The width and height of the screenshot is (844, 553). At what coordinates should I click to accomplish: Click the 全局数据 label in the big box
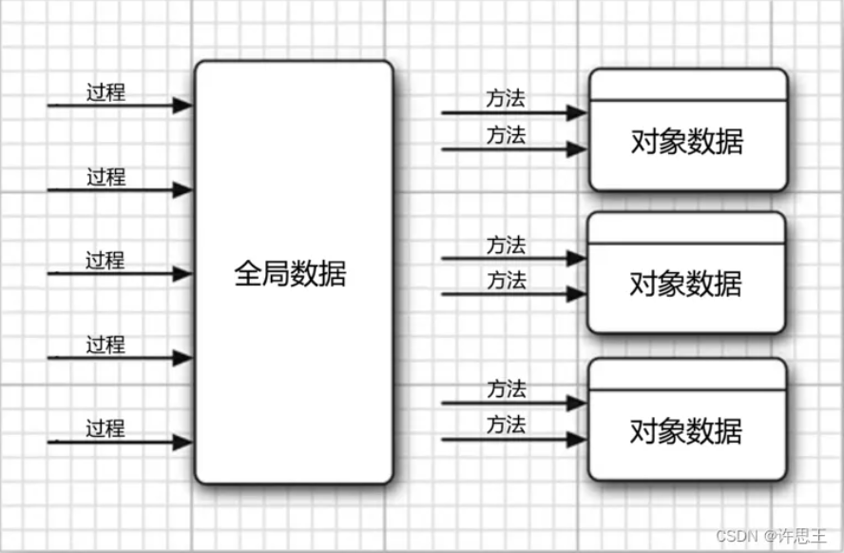pyautogui.click(x=290, y=274)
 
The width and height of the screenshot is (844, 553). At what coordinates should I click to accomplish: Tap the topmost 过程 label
pyautogui.click(x=105, y=92)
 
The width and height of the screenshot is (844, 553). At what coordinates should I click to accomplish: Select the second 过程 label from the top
pyautogui.click(x=105, y=177)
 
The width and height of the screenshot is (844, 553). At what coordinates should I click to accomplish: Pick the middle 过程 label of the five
pyautogui.click(x=105, y=261)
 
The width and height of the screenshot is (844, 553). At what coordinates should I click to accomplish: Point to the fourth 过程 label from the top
pyautogui.click(x=105, y=345)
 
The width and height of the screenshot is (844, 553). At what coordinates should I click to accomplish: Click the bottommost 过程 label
pyautogui.click(x=105, y=428)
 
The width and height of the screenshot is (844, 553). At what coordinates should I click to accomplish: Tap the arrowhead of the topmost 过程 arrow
pyautogui.click(x=183, y=106)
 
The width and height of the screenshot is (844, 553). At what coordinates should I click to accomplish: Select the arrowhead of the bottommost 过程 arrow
pyautogui.click(x=183, y=443)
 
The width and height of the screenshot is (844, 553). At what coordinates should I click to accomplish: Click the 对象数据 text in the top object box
pyautogui.click(x=686, y=142)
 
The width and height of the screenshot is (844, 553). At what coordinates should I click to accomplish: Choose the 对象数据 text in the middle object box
pyautogui.click(x=686, y=284)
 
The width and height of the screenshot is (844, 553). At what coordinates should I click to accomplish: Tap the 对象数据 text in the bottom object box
pyautogui.click(x=686, y=431)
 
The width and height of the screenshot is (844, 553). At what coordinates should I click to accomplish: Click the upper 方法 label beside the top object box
pyautogui.click(x=506, y=98)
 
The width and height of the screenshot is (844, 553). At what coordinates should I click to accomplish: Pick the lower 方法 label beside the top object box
pyautogui.click(x=506, y=135)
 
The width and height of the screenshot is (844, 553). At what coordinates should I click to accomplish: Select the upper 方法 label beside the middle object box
pyautogui.click(x=506, y=245)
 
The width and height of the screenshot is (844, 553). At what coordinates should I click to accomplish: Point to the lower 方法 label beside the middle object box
pyautogui.click(x=506, y=281)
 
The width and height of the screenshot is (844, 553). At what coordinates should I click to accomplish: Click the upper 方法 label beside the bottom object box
pyautogui.click(x=506, y=389)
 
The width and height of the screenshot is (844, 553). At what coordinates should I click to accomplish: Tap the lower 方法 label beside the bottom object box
pyautogui.click(x=506, y=425)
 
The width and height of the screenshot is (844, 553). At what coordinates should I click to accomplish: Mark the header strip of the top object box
pyautogui.click(x=687, y=85)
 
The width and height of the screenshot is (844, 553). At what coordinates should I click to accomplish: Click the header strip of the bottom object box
pyautogui.click(x=687, y=375)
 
